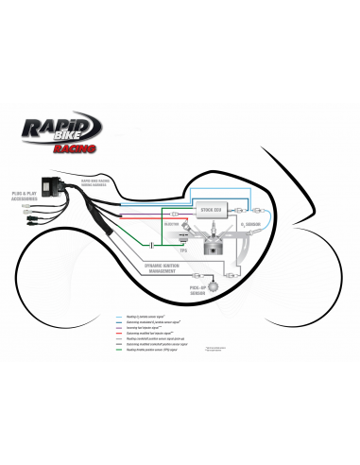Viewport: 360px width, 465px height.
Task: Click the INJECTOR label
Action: coord(174,224)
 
